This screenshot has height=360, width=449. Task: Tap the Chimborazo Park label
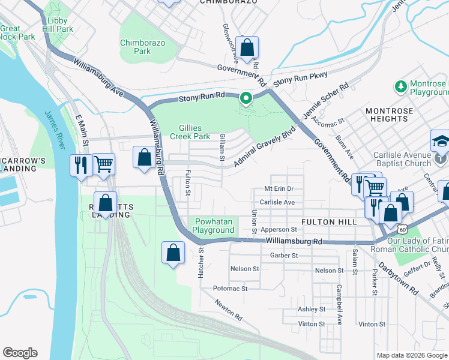tap(143, 47)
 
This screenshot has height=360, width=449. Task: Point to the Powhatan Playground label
tap(213, 226)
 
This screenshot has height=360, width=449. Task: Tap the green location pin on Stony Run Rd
tap(246, 98)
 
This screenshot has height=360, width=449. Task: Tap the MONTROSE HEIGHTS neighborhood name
tap(390, 115)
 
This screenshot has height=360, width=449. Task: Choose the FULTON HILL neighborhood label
tap(328, 222)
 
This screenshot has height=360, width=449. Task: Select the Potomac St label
tap(231, 289)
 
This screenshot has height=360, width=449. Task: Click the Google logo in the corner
tap(20, 353)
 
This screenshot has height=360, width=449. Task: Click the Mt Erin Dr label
tap(279, 188)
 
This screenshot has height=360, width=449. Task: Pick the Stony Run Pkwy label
tap(300, 80)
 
